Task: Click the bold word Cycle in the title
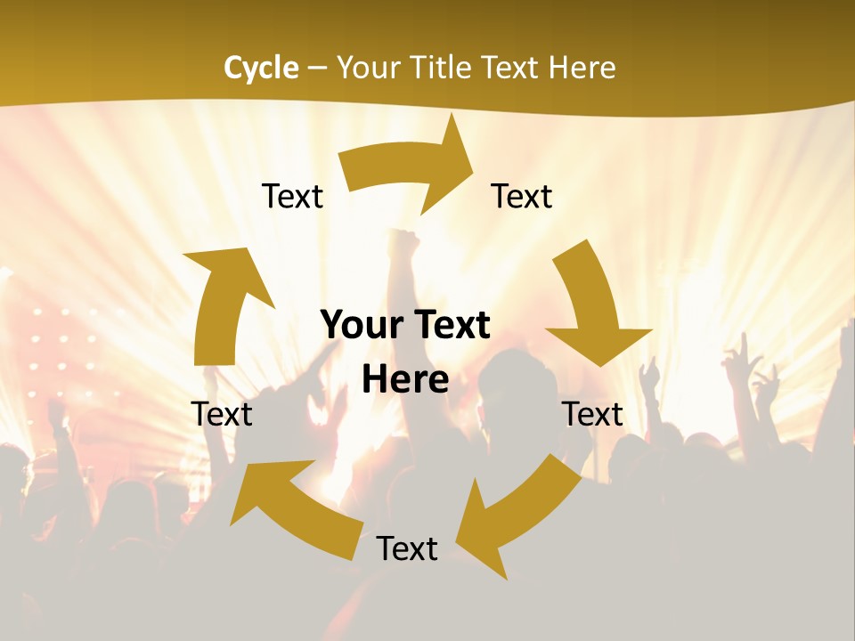261,68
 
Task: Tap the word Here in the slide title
580,68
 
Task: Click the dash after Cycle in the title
317,68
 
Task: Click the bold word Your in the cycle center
360,326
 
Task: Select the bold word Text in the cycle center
451,326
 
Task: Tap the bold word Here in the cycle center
405,380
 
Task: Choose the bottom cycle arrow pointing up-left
294,507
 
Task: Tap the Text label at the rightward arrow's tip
522,196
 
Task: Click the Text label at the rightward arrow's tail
292,196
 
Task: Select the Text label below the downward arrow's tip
592,414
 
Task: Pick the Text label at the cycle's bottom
407,548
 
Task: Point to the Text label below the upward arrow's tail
222,414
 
